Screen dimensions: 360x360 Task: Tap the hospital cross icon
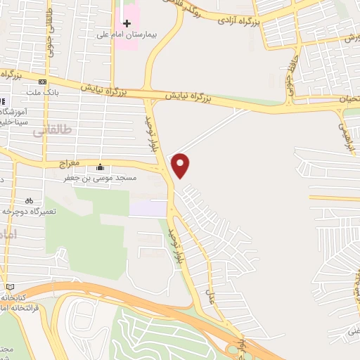[x=127, y=22]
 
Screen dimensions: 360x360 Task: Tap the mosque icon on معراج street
[x=100, y=167]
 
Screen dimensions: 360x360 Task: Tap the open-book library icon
[x=9, y=287]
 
